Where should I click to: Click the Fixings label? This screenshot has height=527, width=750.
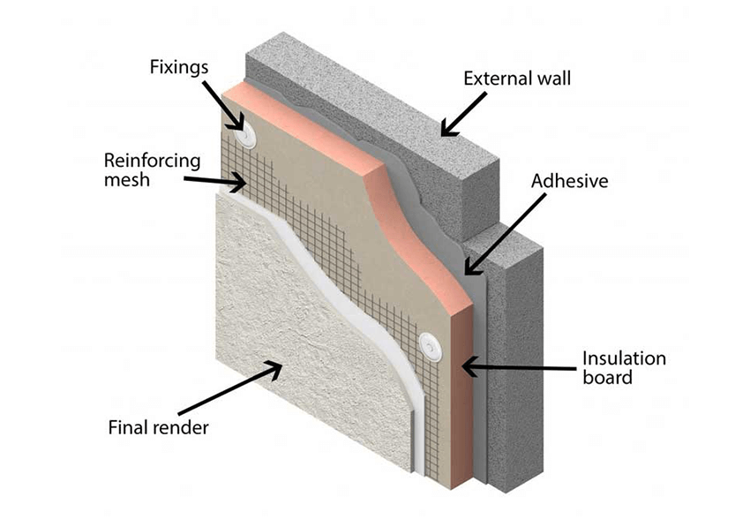click(180, 66)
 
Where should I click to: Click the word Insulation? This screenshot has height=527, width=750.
click(624, 359)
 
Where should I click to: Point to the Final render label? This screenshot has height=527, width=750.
click(157, 429)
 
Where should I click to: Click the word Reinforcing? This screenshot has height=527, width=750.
click(153, 162)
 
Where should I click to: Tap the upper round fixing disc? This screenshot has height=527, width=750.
click(245, 133)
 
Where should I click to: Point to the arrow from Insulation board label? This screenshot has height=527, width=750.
click(516, 364)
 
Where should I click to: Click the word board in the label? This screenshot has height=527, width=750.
click(608, 379)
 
